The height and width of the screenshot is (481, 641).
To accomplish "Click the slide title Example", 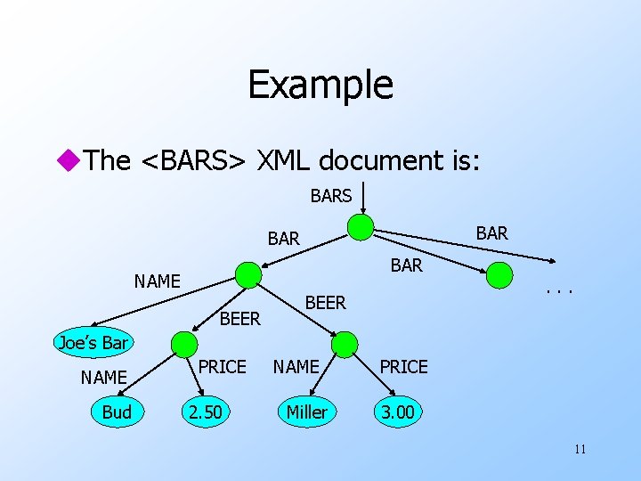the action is point(320,85).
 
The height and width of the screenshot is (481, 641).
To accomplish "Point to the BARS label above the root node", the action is point(331,196).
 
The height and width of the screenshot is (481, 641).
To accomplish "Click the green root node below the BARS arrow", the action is point(360,227).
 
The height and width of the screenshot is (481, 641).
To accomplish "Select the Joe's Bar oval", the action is point(92,341).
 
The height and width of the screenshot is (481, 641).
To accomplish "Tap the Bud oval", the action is point(117,412).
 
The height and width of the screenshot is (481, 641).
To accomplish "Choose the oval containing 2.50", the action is point(204,412).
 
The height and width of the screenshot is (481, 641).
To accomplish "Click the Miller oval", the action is point(306,412).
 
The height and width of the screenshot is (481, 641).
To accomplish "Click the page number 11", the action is point(580,449).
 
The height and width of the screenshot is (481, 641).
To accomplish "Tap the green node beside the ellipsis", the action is point(501,275).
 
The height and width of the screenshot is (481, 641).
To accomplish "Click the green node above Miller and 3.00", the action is point(345,344).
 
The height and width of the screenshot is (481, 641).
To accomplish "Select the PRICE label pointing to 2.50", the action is point(222,366).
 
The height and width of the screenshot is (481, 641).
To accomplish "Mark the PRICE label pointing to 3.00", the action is point(404,366).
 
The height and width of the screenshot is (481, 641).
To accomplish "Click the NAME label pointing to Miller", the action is point(296,366).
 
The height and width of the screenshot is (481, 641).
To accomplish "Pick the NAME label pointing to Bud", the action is point(103,378).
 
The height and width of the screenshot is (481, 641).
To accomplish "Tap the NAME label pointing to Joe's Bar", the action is point(157,281).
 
